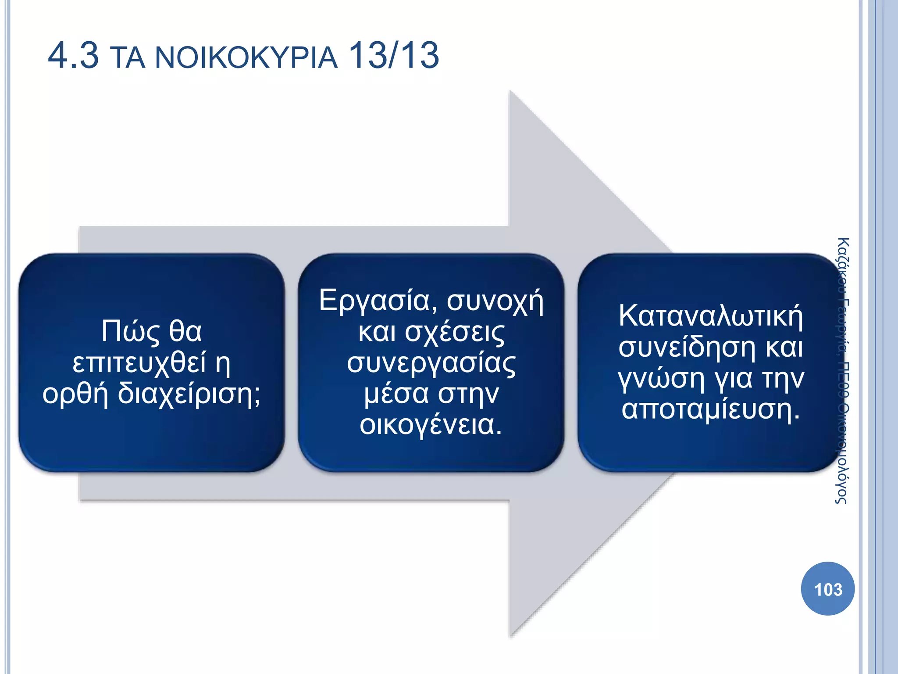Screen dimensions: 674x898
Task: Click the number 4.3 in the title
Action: [x=73, y=56]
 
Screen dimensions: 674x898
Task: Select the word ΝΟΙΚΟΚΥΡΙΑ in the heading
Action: [x=246, y=58]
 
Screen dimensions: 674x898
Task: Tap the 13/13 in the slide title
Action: [x=394, y=56]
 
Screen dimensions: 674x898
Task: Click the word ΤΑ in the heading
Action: [x=127, y=58]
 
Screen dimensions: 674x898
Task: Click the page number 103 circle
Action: [x=827, y=589]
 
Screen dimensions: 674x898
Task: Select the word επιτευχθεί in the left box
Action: [x=139, y=363]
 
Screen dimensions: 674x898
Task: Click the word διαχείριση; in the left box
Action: [x=189, y=393]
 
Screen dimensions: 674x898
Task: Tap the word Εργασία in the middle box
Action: [x=378, y=301]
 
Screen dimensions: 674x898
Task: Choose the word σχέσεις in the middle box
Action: [x=454, y=332]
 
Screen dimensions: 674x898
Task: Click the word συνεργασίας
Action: [x=431, y=363]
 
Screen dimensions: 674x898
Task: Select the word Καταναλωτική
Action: [x=710, y=316]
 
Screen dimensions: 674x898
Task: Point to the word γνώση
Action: [x=661, y=378]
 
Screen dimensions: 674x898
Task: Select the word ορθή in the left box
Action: [x=75, y=394]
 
